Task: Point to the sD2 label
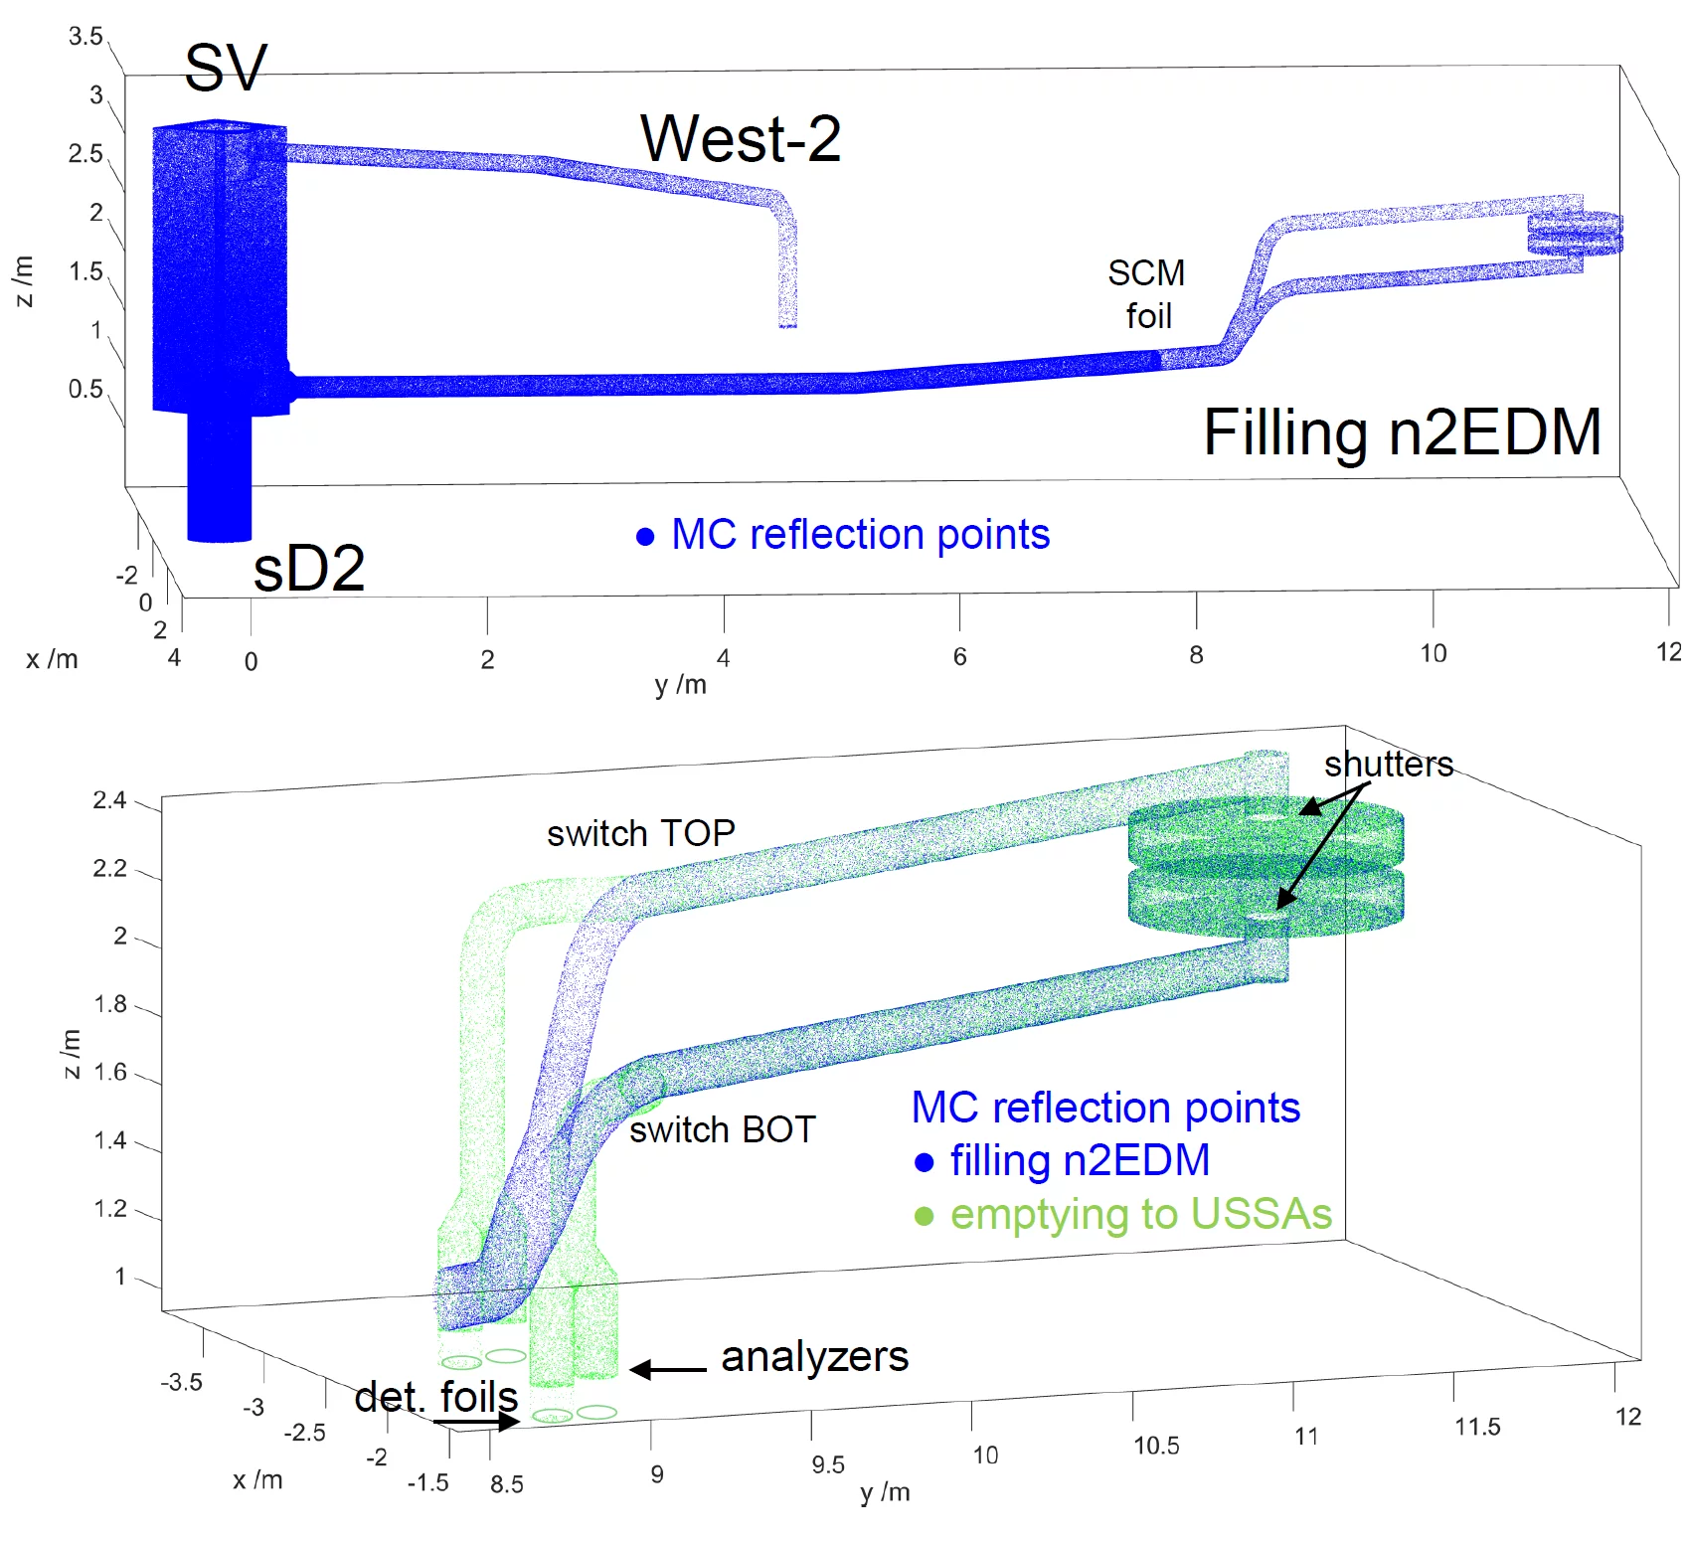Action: coord(309,569)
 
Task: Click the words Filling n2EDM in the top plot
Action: coord(1402,432)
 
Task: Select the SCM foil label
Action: coord(1147,294)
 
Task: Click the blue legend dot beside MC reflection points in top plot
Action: coord(645,537)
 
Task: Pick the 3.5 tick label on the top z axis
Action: coord(85,37)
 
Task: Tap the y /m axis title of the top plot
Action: coord(681,684)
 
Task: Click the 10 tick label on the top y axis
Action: coord(1433,653)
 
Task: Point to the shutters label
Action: coord(1388,764)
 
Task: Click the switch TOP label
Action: coord(641,833)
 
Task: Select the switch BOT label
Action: coord(723,1129)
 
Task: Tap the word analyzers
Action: coord(814,1356)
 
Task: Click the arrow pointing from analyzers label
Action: coord(668,1370)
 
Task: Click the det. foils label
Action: coord(436,1397)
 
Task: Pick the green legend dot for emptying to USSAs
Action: coord(925,1216)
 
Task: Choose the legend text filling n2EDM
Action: coord(1080,1160)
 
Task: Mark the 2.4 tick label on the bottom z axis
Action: coord(109,800)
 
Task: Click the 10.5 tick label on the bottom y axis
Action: coord(1156,1446)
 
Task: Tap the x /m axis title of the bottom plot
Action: coord(257,1479)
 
